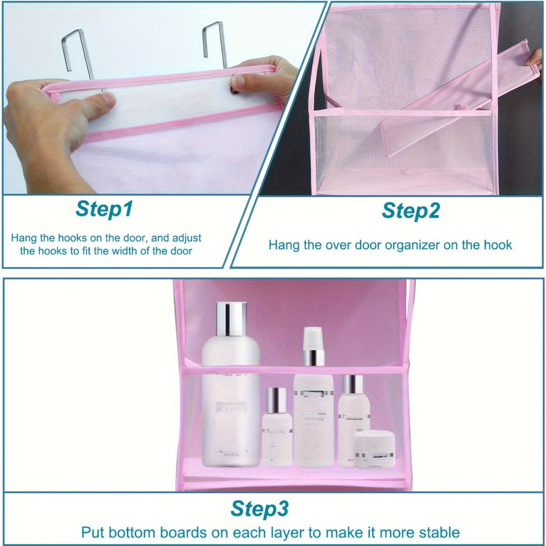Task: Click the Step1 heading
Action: pyautogui.click(x=104, y=210)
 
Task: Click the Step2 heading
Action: pyautogui.click(x=411, y=211)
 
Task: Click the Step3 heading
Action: pyautogui.click(x=260, y=509)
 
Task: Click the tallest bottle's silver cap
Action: pyautogui.click(x=231, y=319)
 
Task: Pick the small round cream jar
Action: pyautogui.click(x=374, y=449)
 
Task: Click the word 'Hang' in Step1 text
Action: pyautogui.click(x=22, y=238)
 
